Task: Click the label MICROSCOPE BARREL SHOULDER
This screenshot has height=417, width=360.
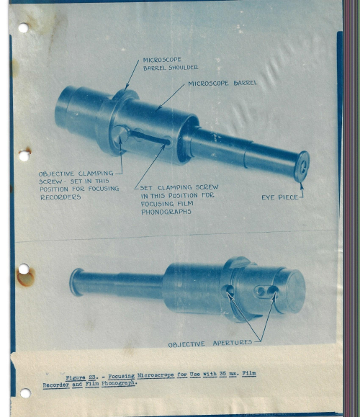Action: point(170,63)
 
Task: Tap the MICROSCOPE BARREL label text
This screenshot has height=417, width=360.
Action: point(222,84)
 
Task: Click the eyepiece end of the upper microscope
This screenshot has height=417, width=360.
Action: point(302,166)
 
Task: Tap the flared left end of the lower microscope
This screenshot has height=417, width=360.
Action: point(76,282)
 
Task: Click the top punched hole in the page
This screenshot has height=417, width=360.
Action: point(22,28)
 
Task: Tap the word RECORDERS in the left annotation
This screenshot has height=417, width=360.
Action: point(60,197)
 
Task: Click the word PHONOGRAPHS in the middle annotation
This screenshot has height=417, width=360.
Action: point(166,212)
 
